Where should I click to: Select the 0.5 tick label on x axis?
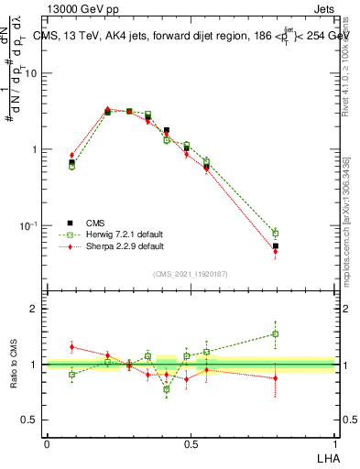click(x=191, y=442)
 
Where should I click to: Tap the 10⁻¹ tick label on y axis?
click(x=31, y=225)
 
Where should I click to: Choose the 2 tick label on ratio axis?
click(x=34, y=309)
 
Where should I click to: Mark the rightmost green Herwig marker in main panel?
click(x=275, y=233)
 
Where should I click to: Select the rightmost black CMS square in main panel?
click(x=275, y=245)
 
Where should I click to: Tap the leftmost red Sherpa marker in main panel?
click(x=71, y=156)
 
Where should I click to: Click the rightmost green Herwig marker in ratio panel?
click(x=275, y=333)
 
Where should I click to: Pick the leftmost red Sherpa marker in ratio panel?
click(x=71, y=347)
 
